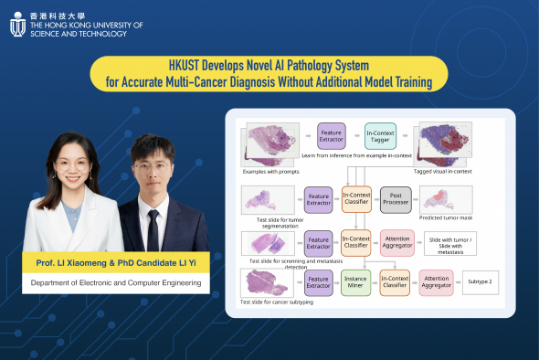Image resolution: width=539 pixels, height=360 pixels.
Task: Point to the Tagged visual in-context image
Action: pos(444,144)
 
